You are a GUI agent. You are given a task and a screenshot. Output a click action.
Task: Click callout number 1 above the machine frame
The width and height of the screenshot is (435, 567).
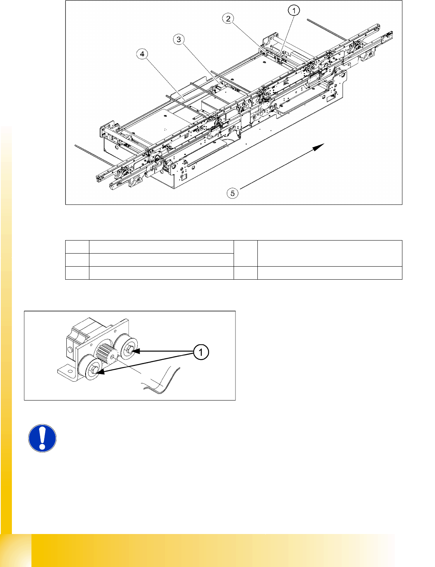pyautogui.click(x=294, y=11)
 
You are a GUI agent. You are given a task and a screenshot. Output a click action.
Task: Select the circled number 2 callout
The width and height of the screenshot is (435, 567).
pyautogui.click(x=228, y=19)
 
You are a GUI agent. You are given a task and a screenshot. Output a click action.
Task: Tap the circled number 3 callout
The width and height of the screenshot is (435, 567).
pyautogui.click(x=179, y=40)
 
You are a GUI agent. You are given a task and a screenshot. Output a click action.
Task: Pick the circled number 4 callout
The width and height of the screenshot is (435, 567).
pyautogui.click(x=142, y=54)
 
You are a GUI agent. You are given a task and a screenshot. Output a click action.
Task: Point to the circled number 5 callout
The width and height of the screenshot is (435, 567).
pyautogui.click(x=232, y=193)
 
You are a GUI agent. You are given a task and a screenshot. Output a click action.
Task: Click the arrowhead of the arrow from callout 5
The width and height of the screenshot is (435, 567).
pyautogui.click(x=319, y=147)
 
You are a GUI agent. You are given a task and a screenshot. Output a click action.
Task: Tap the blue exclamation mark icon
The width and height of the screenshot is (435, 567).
pyautogui.click(x=42, y=438)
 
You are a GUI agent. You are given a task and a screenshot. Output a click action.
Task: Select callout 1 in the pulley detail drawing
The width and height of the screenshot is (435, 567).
pyautogui.click(x=201, y=352)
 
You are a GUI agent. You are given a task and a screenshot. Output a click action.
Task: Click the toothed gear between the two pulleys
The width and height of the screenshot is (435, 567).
pyautogui.click(x=107, y=354)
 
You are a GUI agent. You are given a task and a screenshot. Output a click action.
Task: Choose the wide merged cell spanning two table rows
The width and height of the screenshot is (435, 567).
pyautogui.click(x=330, y=253)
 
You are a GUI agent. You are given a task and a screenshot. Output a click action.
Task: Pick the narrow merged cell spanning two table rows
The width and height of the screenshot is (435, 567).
pyautogui.click(x=246, y=253)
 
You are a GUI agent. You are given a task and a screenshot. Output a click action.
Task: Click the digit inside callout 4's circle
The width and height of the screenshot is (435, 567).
pyautogui.click(x=142, y=54)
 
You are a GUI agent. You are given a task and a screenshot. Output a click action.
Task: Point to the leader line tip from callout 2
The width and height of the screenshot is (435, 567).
pyautogui.click(x=265, y=51)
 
